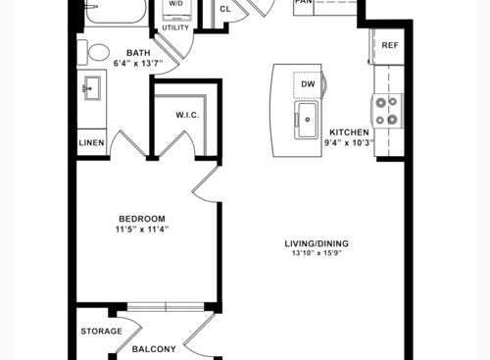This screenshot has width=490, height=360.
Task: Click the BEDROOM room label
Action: point(142,218)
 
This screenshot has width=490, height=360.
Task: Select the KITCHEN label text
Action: point(349,132)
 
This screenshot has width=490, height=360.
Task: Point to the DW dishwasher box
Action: point(308,84)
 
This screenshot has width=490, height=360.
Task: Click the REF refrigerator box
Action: point(389,45)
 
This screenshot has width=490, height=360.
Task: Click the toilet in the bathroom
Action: point(98,52)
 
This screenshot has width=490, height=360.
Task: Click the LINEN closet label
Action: point(91,143)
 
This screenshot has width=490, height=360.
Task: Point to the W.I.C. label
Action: point(188,115)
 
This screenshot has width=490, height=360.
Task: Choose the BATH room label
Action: point(138,53)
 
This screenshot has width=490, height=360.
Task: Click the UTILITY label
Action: point(175,28)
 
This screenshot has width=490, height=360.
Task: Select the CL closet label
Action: point(225,9)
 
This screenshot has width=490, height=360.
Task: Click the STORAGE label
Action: point(101,331)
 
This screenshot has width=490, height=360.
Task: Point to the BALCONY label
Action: point(154,348)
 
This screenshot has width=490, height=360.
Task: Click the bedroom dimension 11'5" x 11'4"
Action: point(142,230)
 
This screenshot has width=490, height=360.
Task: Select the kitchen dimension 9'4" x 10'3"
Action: point(349,143)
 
